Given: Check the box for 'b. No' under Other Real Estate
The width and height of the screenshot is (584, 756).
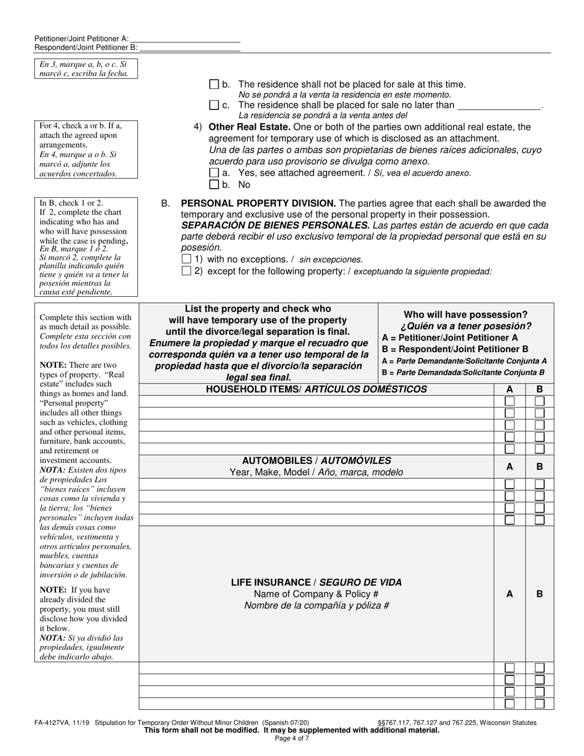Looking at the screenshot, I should [214, 184].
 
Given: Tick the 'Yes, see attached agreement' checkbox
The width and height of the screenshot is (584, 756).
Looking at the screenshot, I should [214, 173].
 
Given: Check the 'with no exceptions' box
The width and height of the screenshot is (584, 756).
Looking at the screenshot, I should [187, 259].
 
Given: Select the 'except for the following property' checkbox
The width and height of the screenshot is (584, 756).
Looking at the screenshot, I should [187, 271].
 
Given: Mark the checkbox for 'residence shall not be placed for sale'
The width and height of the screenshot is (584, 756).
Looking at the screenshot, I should [214, 84].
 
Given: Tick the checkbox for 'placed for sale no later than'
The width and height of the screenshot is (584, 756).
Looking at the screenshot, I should [214, 104].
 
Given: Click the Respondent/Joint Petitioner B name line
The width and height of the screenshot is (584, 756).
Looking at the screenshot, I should [189, 48].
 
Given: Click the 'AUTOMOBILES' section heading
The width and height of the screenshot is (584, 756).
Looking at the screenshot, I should [316, 460].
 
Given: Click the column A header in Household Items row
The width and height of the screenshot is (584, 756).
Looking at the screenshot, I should [510, 390].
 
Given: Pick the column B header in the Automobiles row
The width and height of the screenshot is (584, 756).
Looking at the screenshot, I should [540, 467].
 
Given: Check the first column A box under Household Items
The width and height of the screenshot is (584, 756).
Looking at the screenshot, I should [510, 401].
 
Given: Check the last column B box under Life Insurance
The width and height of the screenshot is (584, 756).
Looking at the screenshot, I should [540, 704].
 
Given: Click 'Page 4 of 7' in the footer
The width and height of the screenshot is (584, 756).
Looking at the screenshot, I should [292, 739].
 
